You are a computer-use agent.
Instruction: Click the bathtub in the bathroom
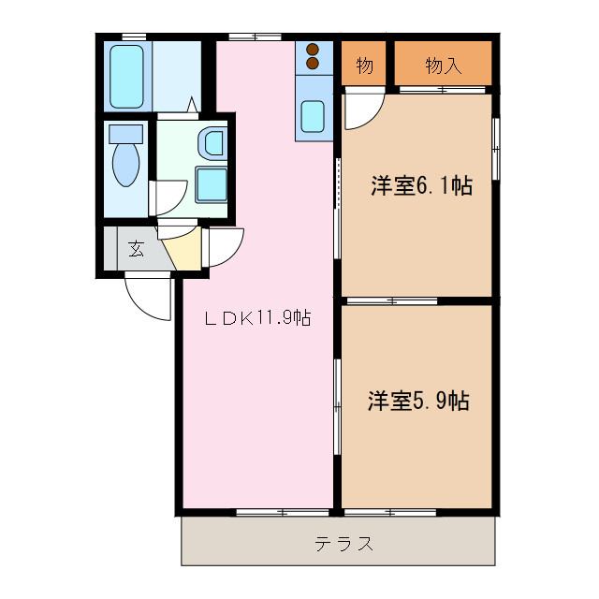[x=128, y=75]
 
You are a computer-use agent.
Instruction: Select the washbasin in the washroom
[x=214, y=143]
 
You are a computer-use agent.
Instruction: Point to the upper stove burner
[x=313, y=50]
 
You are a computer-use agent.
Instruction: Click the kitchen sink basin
[x=313, y=118]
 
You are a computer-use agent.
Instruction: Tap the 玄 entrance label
[x=137, y=249]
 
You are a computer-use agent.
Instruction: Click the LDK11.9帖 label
[x=257, y=318]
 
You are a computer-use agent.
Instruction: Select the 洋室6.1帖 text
[x=420, y=185]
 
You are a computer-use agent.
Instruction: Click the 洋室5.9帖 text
[x=417, y=401]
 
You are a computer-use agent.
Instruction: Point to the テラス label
[x=344, y=543]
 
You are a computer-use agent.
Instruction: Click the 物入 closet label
[x=443, y=66]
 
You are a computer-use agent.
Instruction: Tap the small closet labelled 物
[x=365, y=66]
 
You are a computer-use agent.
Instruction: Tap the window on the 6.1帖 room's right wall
[x=497, y=147]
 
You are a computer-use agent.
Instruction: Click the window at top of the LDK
[x=255, y=37]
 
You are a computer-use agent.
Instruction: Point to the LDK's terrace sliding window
[x=276, y=513]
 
